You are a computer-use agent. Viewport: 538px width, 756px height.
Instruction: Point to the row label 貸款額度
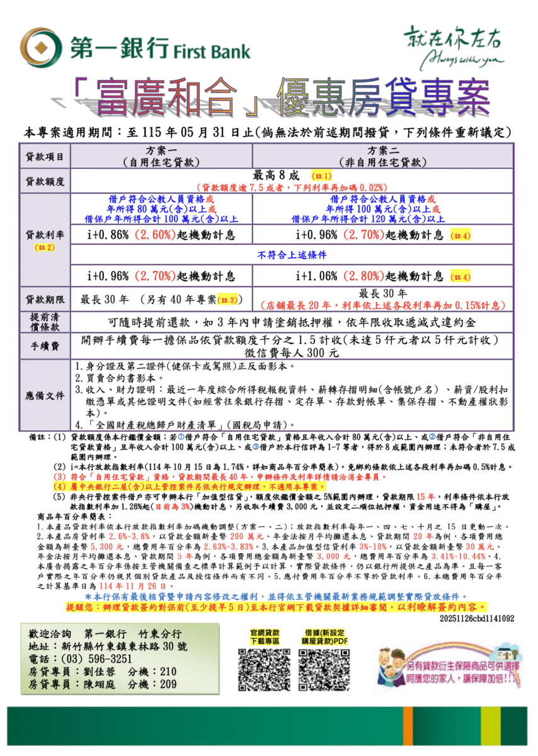(45, 181)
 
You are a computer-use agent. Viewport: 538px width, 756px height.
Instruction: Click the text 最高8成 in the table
(278, 175)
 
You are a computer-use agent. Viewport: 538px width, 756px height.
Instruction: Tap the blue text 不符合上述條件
(292, 255)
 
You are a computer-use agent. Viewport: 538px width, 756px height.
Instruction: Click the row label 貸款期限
(45, 299)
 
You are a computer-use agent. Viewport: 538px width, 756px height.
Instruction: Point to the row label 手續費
(45, 346)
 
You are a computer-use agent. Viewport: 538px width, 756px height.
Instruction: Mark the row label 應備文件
(45, 396)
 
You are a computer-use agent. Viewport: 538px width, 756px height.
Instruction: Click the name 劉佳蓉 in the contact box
(97, 672)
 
